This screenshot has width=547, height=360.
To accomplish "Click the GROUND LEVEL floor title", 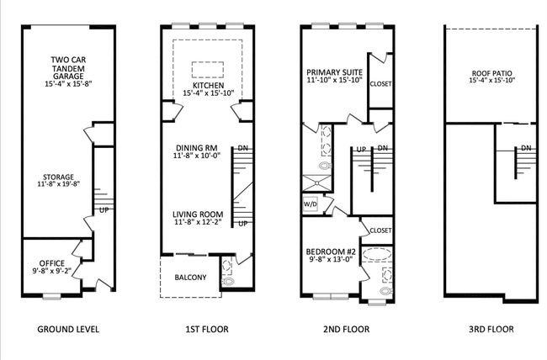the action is pos(68,329).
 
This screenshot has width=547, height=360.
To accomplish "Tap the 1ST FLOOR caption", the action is pos(207,329).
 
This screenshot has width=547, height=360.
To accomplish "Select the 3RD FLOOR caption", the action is pos(491,329).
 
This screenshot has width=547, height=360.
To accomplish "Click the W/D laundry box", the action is pos(311,204).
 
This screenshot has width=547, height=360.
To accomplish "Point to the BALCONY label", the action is pos(190,278).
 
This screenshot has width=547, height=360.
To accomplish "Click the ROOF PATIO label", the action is pos(492,73).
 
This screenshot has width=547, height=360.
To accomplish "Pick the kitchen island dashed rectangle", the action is pos(208,70).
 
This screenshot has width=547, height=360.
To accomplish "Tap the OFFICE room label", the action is pos(51,263).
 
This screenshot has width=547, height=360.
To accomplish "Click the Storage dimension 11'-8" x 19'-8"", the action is pos(59,184).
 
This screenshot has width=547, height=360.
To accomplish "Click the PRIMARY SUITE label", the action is pos(335,72).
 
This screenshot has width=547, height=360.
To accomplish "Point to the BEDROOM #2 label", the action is pos(331,251).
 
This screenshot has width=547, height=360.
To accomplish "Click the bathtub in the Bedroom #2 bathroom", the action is pos(376,254).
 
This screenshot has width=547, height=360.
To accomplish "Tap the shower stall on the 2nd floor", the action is pos(316,183).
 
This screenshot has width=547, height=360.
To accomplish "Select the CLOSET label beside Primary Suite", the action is pos(380,84).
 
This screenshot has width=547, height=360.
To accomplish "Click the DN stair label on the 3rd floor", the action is pos(526,148).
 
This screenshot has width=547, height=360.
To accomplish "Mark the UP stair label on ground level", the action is pos(104,210).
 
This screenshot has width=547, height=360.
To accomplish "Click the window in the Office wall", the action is pos(51,297).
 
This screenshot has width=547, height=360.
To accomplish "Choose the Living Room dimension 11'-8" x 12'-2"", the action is pos(198,222).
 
